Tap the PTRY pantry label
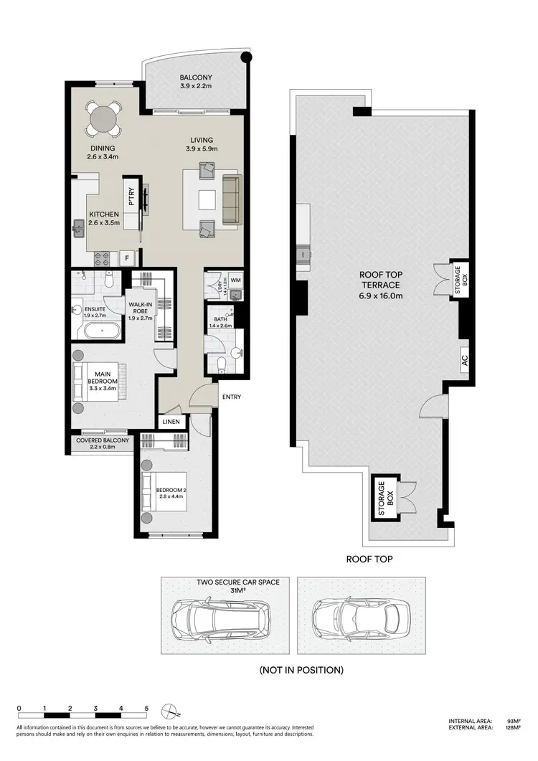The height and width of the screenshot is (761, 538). click(x=132, y=197)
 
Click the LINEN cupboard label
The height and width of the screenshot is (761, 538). click(x=172, y=422)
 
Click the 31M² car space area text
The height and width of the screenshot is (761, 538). click(x=227, y=591)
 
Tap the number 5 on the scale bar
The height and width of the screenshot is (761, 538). click(x=146, y=709)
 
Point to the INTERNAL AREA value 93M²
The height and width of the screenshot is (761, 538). click(x=513, y=721)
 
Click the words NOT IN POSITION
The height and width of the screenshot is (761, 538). click(x=301, y=670)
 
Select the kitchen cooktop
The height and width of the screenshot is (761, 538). click(x=100, y=257)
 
